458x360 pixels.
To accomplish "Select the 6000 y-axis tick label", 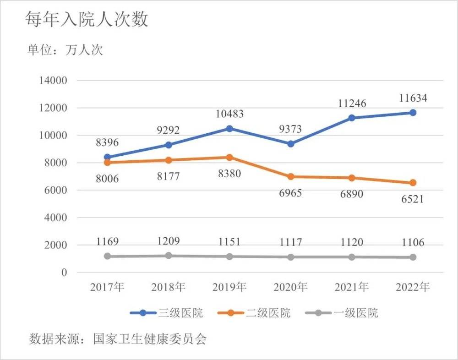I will [57, 191].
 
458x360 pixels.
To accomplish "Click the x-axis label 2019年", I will [229, 287].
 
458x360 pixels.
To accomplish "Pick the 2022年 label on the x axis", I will [413, 287].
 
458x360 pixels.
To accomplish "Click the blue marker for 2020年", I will [290, 144].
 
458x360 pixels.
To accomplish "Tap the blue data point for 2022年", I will [413, 113].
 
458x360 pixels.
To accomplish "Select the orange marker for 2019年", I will [229, 158].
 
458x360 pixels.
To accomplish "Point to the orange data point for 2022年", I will [413, 183].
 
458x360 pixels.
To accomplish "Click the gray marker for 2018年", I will [169, 256].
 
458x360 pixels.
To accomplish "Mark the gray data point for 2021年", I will [352, 257].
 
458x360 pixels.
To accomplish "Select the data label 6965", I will [290, 192].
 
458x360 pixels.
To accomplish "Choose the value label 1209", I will [169, 241].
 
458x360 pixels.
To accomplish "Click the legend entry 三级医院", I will [180, 313].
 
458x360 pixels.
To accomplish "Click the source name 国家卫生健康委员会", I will [150, 340].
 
